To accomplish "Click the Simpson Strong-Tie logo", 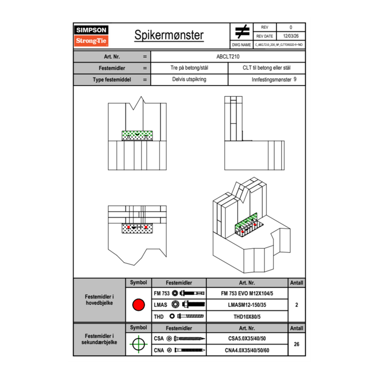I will [x=92, y=36].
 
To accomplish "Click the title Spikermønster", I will [x=169, y=35].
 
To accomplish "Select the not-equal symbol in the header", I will [x=242, y=31].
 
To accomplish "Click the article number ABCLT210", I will [x=228, y=56].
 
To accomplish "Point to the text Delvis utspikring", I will [x=189, y=80].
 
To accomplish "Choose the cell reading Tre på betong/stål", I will [x=189, y=68].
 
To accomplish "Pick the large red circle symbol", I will [x=138, y=305].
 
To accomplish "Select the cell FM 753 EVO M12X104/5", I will [x=247, y=293].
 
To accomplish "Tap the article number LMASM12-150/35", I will [x=247, y=305].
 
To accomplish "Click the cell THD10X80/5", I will [x=247, y=317].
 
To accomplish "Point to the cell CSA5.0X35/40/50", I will [x=247, y=339].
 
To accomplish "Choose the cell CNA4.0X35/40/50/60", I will [x=247, y=350].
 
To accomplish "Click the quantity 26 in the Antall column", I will [x=296, y=344].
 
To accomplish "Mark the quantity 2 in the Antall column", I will [x=296, y=305].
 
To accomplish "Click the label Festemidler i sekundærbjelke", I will [x=99, y=339].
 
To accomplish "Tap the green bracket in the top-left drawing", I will [x=137, y=135].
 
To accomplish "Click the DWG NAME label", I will [x=241, y=44].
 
